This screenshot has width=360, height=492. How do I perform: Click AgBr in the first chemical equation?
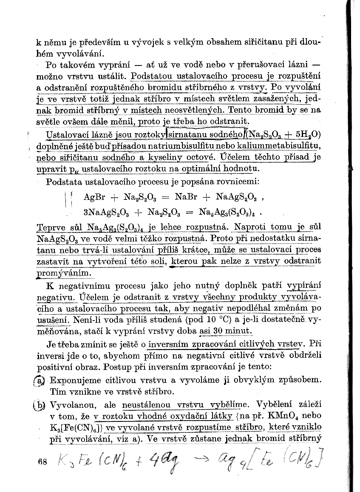coord(94,197)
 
